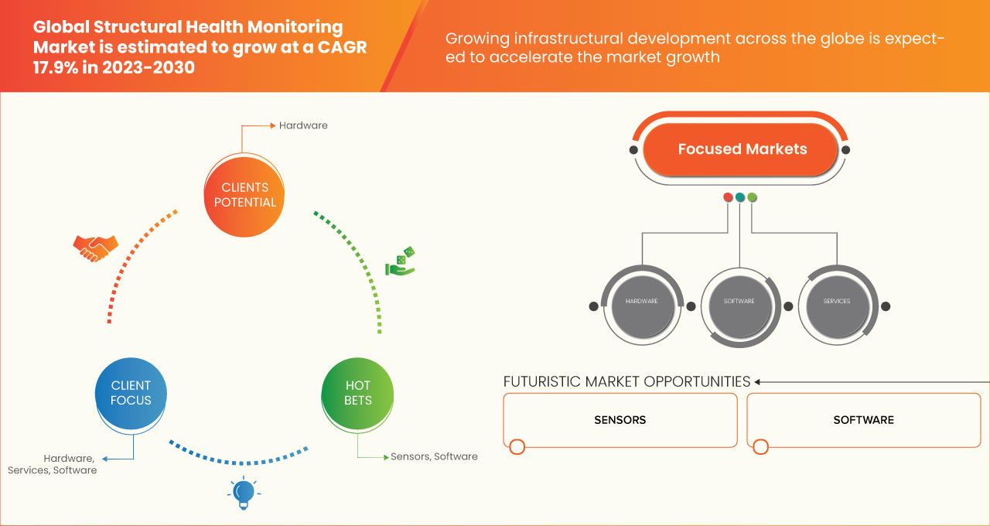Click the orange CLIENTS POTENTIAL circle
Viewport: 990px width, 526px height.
pyautogui.click(x=244, y=195)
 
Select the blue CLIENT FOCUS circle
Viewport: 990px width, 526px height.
pyautogui.click(x=131, y=393)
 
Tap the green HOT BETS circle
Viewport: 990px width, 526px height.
pyautogui.click(x=357, y=393)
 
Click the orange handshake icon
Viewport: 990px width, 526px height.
pyautogui.click(x=95, y=248)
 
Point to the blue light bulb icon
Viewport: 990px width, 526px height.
pyautogui.click(x=244, y=493)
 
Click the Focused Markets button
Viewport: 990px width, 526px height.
pyautogui.click(x=741, y=149)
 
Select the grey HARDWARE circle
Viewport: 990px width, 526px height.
pyautogui.click(x=641, y=302)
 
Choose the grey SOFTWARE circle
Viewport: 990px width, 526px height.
pyautogui.click(x=739, y=302)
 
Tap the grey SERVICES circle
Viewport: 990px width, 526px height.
pyautogui.click(x=837, y=302)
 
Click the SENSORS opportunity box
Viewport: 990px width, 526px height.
pyautogui.click(x=620, y=420)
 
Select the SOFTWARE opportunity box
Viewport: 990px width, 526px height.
pyautogui.click(x=863, y=420)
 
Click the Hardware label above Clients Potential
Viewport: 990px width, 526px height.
pyautogui.click(x=303, y=125)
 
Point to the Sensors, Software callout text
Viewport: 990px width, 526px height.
pyautogui.click(x=434, y=456)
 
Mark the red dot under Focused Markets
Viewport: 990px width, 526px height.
pyautogui.click(x=728, y=197)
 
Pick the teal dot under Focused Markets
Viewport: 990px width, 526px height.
pyautogui.click(x=740, y=197)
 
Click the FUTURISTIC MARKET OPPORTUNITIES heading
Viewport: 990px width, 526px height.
pyautogui.click(x=626, y=381)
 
